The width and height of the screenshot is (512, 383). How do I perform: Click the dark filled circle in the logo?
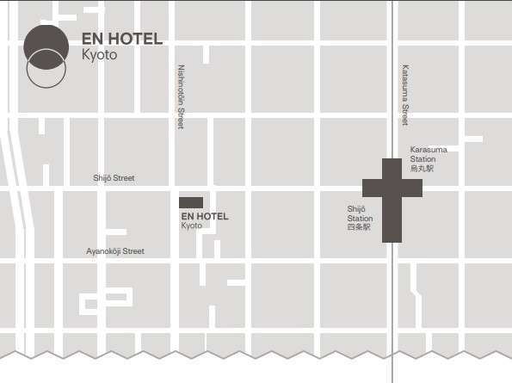[x=46, y=45]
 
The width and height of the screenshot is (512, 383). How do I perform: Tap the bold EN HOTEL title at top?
[x=121, y=40]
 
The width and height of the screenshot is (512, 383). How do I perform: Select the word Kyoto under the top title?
[x=99, y=54]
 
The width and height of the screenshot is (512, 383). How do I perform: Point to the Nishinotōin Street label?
[x=181, y=96]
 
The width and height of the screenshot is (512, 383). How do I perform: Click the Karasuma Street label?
[x=404, y=95]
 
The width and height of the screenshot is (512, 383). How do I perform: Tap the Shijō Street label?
[x=114, y=178]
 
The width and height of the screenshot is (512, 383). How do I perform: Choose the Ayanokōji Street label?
[x=115, y=251]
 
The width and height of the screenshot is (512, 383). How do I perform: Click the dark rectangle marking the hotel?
[x=191, y=203]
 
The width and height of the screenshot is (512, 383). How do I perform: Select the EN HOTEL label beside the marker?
[x=205, y=216]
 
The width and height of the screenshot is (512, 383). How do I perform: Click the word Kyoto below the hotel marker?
[x=191, y=225]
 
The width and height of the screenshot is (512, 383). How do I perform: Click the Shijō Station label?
[x=359, y=213]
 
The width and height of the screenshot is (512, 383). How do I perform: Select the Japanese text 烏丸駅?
[x=422, y=169]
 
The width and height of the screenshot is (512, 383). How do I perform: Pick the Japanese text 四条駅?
[x=358, y=227]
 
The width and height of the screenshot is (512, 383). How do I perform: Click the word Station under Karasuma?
[x=423, y=159]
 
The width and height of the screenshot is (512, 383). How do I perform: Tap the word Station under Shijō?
[x=360, y=218]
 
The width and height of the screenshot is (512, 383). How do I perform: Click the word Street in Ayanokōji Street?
[x=133, y=251]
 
